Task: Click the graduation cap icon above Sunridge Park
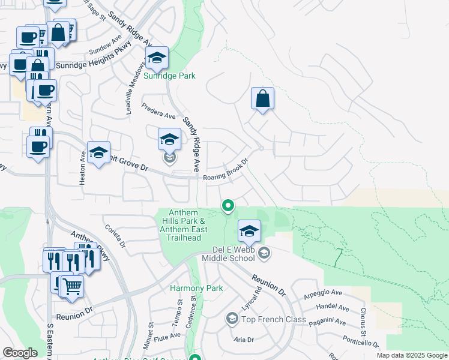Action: [x=157, y=58]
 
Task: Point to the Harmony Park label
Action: [x=196, y=288]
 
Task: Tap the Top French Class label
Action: [x=274, y=319]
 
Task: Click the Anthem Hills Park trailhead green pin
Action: [x=228, y=206]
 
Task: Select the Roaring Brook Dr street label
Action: [x=226, y=169]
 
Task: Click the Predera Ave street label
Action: [x=158, y=111]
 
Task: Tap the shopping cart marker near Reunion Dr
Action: [x=72, y=287]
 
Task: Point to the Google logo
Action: [x=20, y=352]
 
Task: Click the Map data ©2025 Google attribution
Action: [x=412, y=355]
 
